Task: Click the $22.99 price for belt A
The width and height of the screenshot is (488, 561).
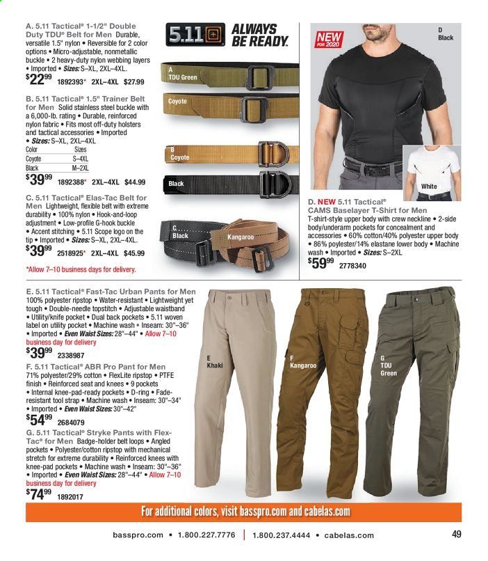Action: tap(39, 99)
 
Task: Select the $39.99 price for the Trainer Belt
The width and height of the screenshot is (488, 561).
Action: tap(39, 182)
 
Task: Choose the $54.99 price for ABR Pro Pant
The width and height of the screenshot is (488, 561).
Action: tap(39, 420)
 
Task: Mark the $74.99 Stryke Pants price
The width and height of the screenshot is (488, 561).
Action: tap(39, 495)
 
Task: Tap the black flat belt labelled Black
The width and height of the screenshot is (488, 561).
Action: tap(229, 186)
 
